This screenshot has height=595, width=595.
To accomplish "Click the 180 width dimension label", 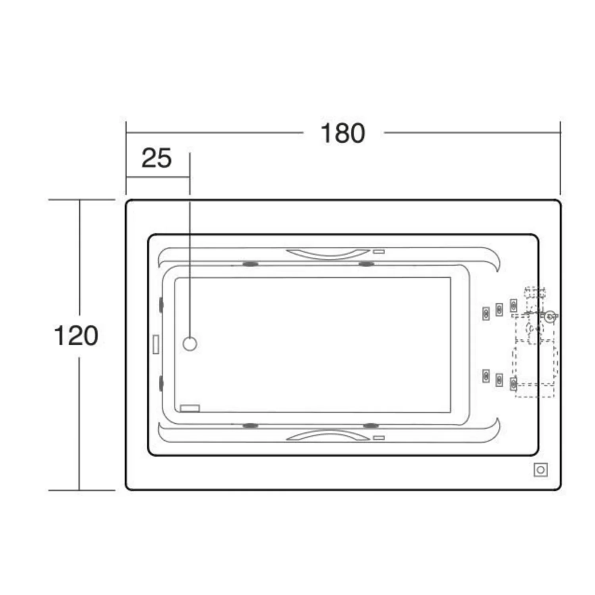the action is pos(343,133).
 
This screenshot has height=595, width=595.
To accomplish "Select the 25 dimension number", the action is pos(157,158).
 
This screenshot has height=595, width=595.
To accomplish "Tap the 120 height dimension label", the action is pos(76,336).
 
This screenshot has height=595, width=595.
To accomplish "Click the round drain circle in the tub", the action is pos(190,344).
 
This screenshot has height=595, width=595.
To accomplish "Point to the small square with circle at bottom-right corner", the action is pos(541,470).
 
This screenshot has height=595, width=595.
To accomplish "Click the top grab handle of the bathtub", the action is pos(328,254).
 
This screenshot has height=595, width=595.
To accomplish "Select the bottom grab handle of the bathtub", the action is pos(328,435).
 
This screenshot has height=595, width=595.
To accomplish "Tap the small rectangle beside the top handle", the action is pos(379,251).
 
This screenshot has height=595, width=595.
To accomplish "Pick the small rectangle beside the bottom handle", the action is pos(379,438).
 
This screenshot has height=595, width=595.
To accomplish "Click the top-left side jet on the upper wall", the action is pos(250,264).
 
